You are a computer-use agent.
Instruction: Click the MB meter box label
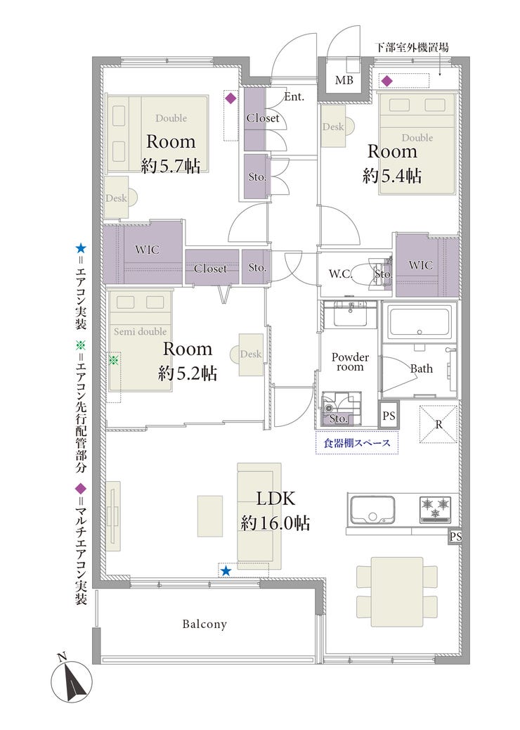344,80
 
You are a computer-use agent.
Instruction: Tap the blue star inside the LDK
226,570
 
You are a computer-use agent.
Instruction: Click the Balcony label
204,624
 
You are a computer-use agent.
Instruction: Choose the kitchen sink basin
372,509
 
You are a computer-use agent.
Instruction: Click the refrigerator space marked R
438,424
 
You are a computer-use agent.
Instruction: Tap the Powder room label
350,361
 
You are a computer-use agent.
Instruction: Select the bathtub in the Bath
420,323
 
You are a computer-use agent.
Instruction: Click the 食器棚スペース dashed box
357,443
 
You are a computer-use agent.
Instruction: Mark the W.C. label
341,274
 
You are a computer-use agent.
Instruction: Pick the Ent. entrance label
294,97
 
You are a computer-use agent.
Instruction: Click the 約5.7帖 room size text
171,165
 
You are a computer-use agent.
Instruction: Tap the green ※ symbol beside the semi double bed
114,360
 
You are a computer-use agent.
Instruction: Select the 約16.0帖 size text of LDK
275,523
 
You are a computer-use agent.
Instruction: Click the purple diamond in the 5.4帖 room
387,82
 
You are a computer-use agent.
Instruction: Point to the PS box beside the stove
455,537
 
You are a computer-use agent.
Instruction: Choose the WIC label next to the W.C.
420,265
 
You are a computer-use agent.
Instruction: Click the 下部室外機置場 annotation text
412,47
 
